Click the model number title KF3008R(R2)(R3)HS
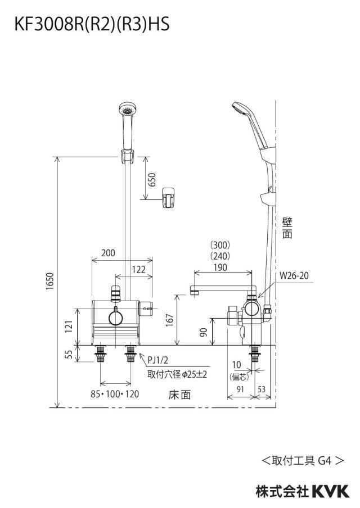[x=92, y=24]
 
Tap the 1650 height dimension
[x=49, y=282]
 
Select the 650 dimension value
[x=152, y=179]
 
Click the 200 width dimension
[x=108, y=253]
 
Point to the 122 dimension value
[x=139, y=270]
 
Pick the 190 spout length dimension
[x=220, y=267]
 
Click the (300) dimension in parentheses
[x=220, y=244]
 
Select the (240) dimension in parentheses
[x=220, y=256]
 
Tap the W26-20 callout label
[x=294, y=276]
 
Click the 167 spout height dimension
[x=170, y=320]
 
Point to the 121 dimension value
[x=69, y=326]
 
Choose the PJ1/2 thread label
[x=158, y=360]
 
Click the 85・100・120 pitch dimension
[x=115, y=394]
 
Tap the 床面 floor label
[x=179, y=394]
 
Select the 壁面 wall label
[x=287, y=228]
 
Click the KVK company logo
[x=331, y=491]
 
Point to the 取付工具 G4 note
[x=303, y=460]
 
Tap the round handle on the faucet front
[x=116, y=318]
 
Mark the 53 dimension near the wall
[x=262, y=389]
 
